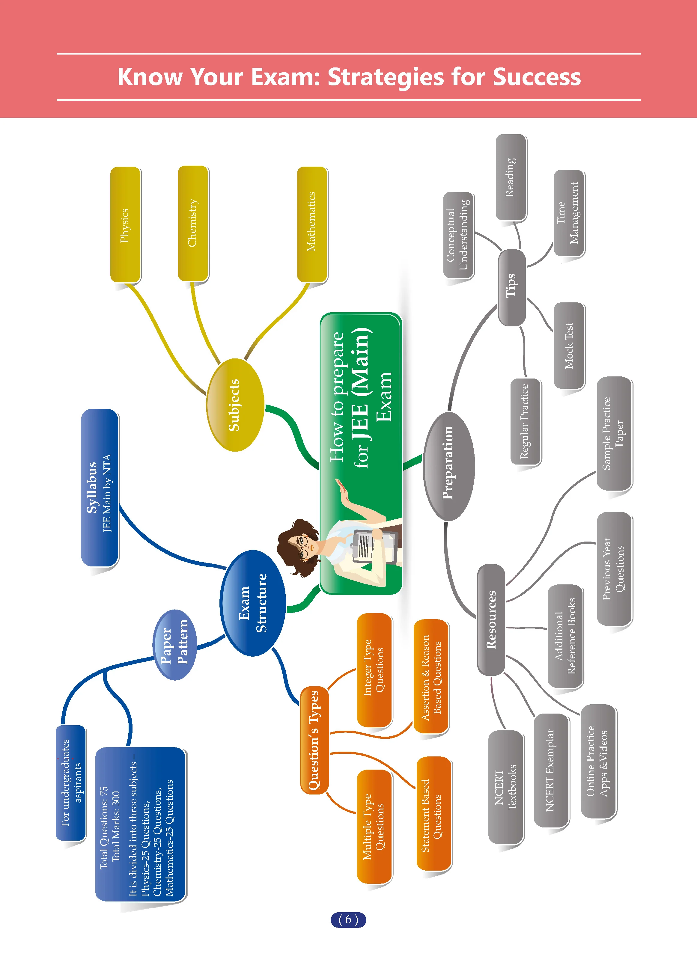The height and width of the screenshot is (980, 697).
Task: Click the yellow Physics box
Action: [x=125, y=225]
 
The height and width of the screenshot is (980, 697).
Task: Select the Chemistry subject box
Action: [x=193, y=224]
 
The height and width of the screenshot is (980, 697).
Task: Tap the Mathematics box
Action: [x=312, y=224]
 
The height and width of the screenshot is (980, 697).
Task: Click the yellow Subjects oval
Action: [x=235, y=405]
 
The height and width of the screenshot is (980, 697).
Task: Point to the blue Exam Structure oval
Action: [x=252, y=603]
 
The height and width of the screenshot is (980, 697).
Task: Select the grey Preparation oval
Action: [x=448, y=466]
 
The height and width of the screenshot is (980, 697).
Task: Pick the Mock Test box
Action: [x=569, y=346]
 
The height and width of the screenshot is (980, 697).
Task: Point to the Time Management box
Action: [x=569, y=213]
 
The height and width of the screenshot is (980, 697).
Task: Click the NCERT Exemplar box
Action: [x=552, y=771]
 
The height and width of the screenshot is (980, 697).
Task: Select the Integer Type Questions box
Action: [x=374, y=670]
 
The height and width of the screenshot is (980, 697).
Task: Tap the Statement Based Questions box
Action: [x=433, y=814]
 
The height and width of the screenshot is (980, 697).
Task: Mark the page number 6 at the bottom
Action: [x=348, y=919]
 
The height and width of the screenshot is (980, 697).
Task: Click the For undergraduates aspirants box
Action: [x=71, y=783]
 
